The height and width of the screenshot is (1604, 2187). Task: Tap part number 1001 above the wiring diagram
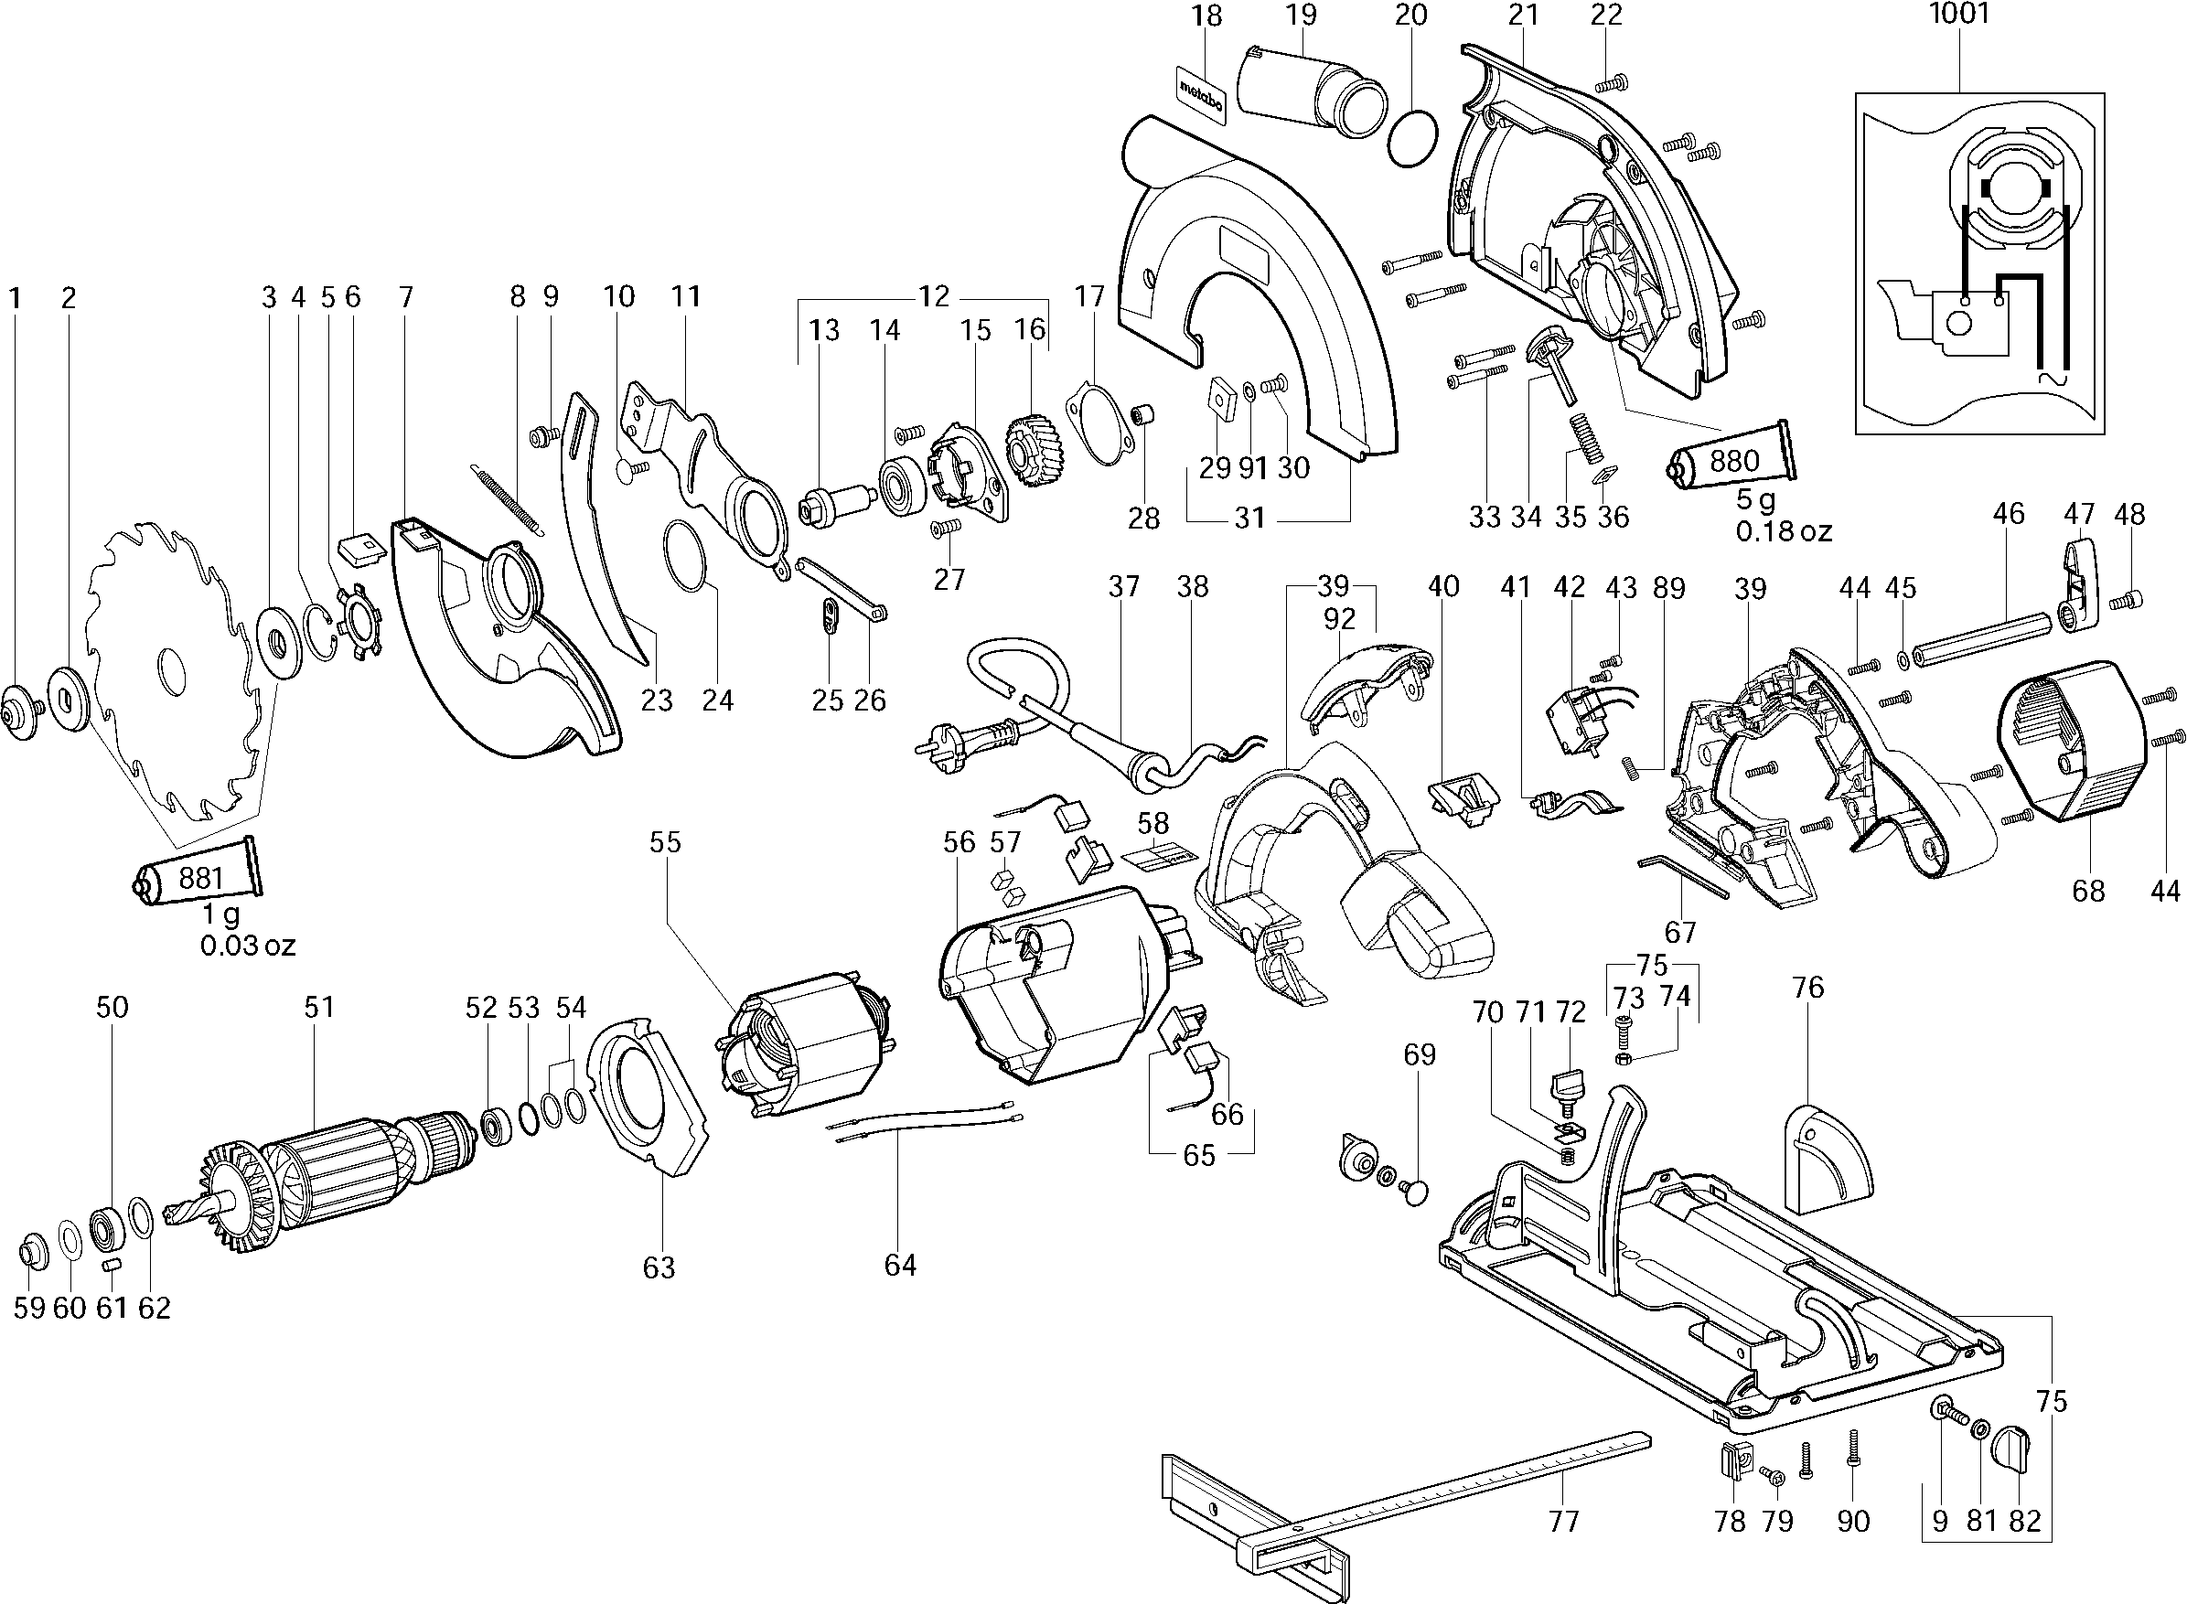1958,14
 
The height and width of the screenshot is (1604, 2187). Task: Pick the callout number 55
665,842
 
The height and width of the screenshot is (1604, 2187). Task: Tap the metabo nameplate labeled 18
1201,93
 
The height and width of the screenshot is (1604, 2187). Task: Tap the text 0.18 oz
1783,531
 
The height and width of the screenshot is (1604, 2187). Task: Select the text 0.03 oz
248,945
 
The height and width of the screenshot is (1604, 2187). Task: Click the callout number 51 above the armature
318,1007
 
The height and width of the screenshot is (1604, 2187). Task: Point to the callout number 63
659,1267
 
